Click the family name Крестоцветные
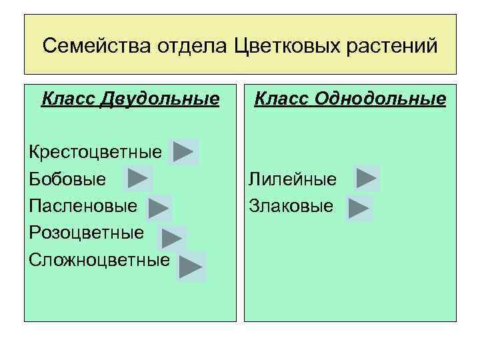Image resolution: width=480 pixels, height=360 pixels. (x=95, y=152)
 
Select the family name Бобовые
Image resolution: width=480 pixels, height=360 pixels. (x=67, y=179)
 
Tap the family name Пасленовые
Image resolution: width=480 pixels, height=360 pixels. (x=83, y=206)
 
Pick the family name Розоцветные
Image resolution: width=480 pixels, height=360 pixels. (x=87, y=233)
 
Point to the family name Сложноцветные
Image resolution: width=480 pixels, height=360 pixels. (x=99, y=259)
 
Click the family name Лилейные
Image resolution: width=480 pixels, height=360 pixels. (x=293, y=179)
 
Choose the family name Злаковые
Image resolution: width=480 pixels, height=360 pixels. (x=291, y=206)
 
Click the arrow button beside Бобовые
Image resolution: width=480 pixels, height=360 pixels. (x=138, y=179)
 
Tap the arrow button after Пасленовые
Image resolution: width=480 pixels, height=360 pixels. (x=159, y=209)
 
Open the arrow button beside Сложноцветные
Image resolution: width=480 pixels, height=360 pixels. (x=191, y=266)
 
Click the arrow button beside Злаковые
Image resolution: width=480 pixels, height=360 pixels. (x=359, y=207)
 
